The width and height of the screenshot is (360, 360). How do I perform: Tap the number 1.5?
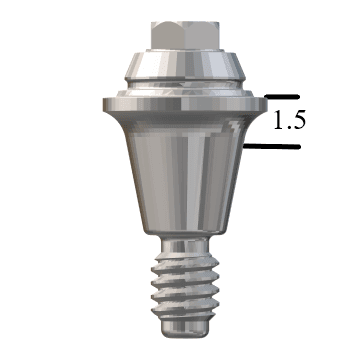[288, 121]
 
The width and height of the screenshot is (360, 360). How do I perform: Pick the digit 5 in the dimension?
[297, 121]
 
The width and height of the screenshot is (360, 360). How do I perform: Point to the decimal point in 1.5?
[287, 129]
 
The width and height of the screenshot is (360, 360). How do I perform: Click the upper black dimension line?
[283, 97]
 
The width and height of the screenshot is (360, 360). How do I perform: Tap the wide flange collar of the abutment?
[180, 103]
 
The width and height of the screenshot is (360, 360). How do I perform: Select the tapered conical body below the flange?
[180, 180]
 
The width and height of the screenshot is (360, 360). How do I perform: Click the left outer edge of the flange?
[103, 103]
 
